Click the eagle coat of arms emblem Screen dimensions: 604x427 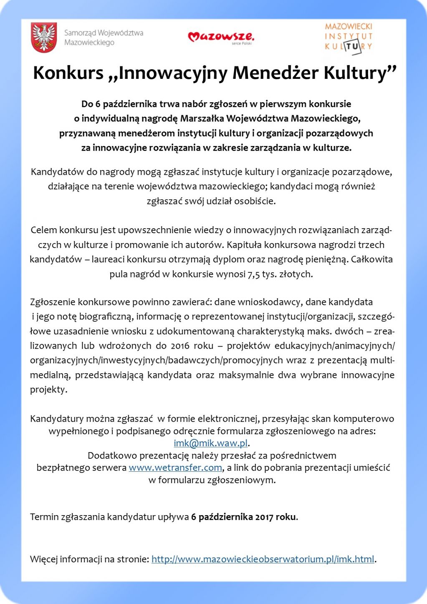(x=44, y=38)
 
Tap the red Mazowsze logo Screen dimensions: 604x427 (x=220, y=37)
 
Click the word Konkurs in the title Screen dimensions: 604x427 (x=68, y=73)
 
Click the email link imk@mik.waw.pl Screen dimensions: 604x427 (x=211, y=443)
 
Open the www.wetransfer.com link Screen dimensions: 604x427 (x=175, y=468)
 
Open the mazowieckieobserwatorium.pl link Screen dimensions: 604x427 (x=263, y=559)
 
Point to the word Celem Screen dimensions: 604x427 (x=44, y=230)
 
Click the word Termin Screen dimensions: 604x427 (x=44, y=517)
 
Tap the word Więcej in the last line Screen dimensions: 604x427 (x=43, y=559)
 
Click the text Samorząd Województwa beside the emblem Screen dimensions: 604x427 (x=104, y=33)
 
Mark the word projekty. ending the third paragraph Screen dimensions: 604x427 (x=48, y=390)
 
